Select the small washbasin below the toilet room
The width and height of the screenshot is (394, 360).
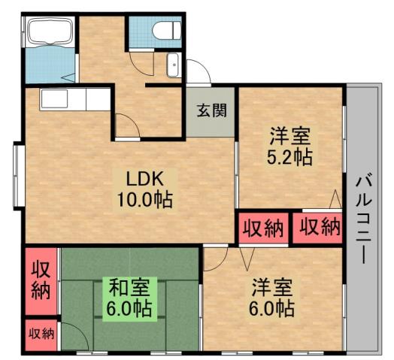[173, 65]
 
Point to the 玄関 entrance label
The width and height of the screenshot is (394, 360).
[211, 110]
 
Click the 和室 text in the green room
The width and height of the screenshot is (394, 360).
[130, 288]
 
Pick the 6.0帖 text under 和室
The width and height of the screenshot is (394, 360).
[130, 308]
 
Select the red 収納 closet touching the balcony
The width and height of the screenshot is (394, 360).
[317, 228]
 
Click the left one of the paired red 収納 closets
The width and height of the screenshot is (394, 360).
[262, 228]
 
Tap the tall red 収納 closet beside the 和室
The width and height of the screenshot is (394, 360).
[40, 280]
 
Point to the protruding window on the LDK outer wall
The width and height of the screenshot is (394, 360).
[17, 174]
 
